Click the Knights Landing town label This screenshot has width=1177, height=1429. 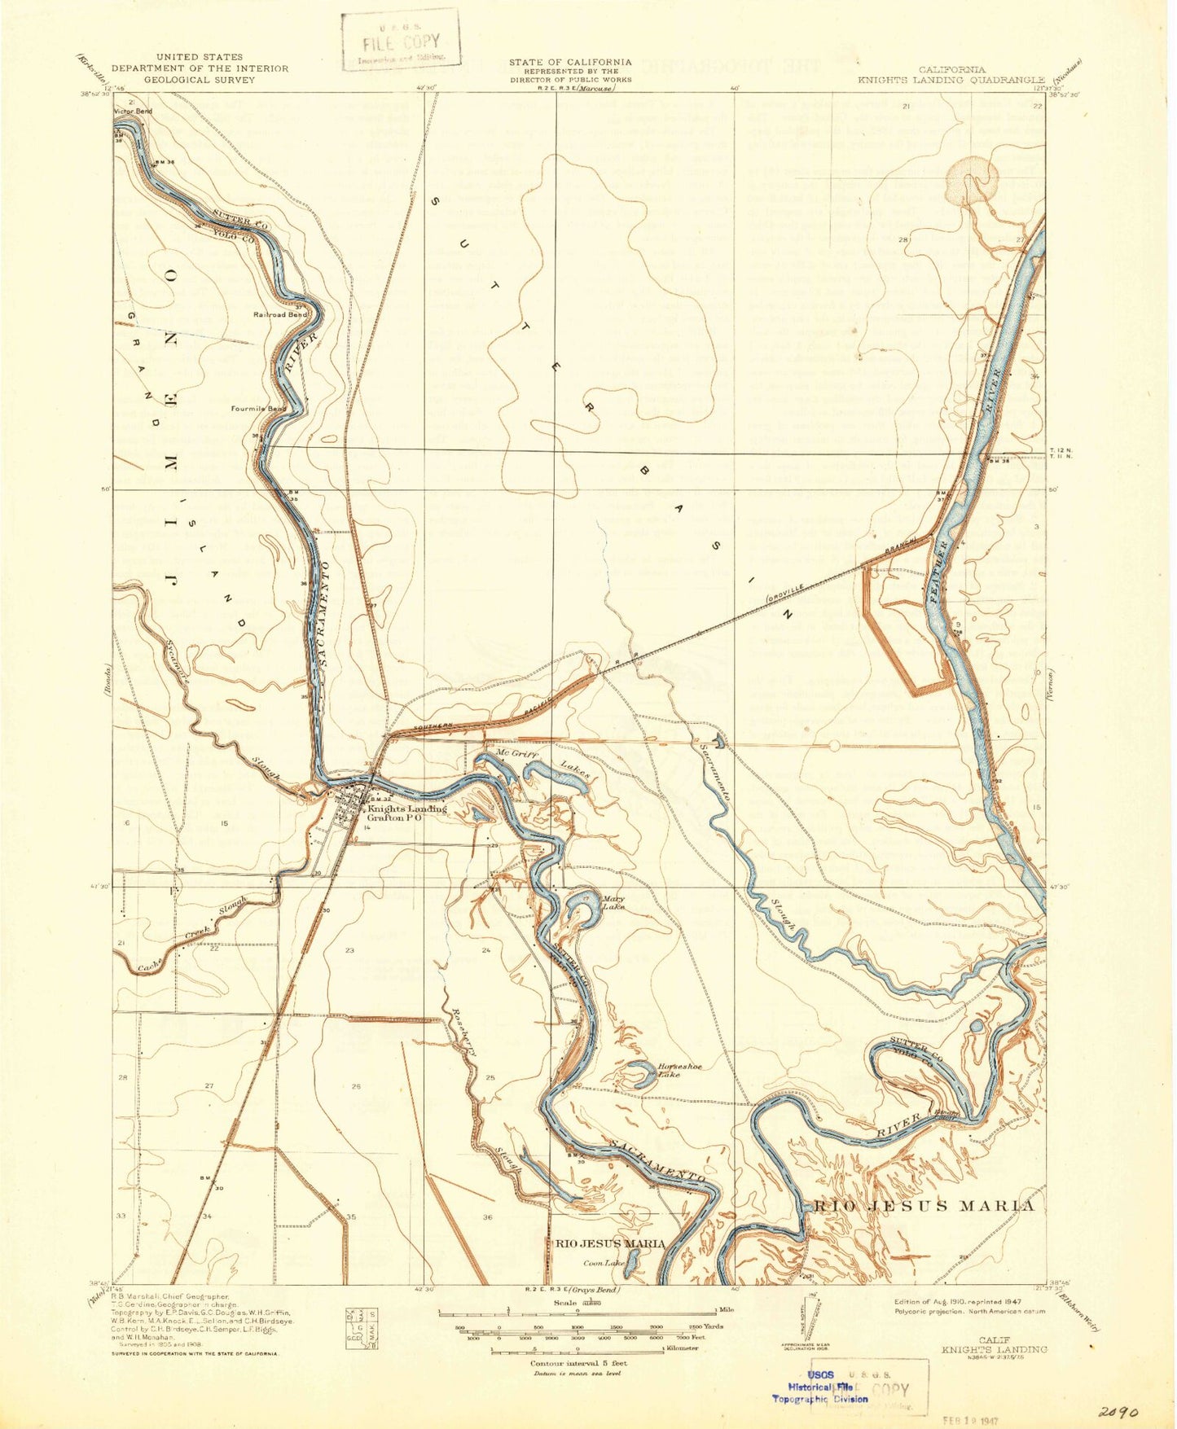click(x=406, y=809)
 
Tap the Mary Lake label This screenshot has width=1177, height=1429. click(x=613, y=902)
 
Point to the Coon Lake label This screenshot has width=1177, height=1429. click(x=604, y=1263)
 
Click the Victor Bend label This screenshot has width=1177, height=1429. click(x=133, y=111)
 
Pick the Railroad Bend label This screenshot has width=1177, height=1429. click(x=280, y=313)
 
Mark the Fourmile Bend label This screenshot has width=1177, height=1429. click(x=258, y=408)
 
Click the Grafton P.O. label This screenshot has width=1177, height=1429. click(x=395, y=819)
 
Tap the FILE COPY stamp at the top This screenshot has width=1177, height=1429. click(x=400, y=41)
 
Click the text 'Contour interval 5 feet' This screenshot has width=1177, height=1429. click(x=578, y=1362)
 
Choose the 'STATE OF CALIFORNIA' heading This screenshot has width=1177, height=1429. click(x=570, y=62)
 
